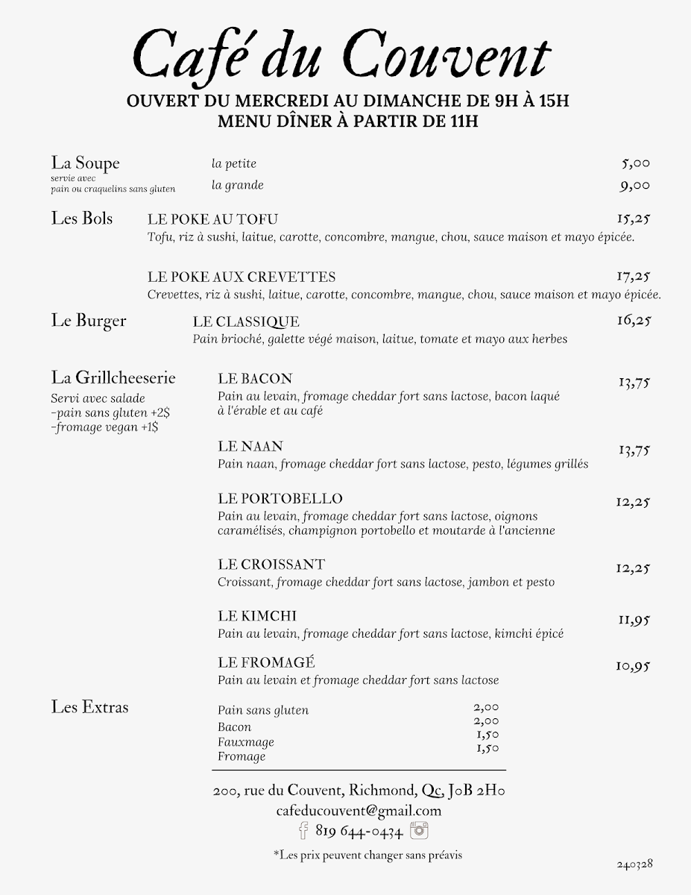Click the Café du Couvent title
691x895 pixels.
click(341, 57)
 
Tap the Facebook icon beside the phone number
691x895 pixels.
click(303, 830)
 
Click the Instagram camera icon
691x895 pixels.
click(420, 830)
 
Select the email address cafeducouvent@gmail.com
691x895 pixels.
click(359, 810)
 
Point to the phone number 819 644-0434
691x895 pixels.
click(359, 831)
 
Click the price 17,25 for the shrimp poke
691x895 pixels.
click(634, 277)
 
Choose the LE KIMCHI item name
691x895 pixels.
click(257, 616)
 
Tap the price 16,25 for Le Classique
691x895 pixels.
click(634, 321)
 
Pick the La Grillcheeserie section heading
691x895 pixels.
click(113, 378)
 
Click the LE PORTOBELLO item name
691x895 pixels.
click(280, 498)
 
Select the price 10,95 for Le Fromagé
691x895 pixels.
click(633, 666)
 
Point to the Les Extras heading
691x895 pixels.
click(89, 707)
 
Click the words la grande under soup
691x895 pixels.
click(237, 185)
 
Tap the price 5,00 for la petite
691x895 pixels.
click(635, 164)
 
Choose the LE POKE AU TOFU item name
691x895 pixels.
click(212, 219)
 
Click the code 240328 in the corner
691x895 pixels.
click(634, 864)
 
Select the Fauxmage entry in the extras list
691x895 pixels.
click(246, 742)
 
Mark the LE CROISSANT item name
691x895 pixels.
click(271, 565)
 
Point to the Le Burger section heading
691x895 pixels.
click(89, 321)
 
